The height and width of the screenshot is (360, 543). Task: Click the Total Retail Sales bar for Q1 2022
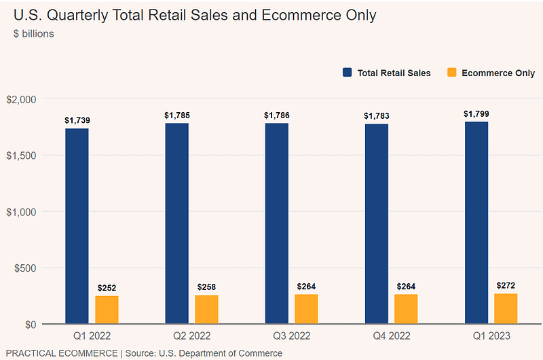click(x=77, y=226)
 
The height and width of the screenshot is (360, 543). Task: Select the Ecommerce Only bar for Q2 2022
click(x=206, y=309)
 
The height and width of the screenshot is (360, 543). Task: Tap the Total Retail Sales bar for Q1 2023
click(x=476, y=222)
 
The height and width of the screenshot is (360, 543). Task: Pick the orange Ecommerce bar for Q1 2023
click(x=506, y=308)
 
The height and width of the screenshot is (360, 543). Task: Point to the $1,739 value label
click(x=77, y=120)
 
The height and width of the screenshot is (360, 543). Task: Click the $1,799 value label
click(x=476, y=113)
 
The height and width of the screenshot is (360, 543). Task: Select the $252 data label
click(x=107, y=288)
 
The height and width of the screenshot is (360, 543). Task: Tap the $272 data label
click(x=506, y=286)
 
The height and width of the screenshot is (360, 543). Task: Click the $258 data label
click(x=206, y=287)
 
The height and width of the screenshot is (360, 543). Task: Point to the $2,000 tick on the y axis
click(x=20, y=99)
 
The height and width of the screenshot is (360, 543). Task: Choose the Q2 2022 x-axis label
click(x=191, y=336)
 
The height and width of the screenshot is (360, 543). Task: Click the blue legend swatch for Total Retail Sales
click(x=348, y=73)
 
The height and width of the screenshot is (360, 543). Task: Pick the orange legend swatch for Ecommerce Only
click(x=451, y=73)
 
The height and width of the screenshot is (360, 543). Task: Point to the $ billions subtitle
click(x=34, y=34)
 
